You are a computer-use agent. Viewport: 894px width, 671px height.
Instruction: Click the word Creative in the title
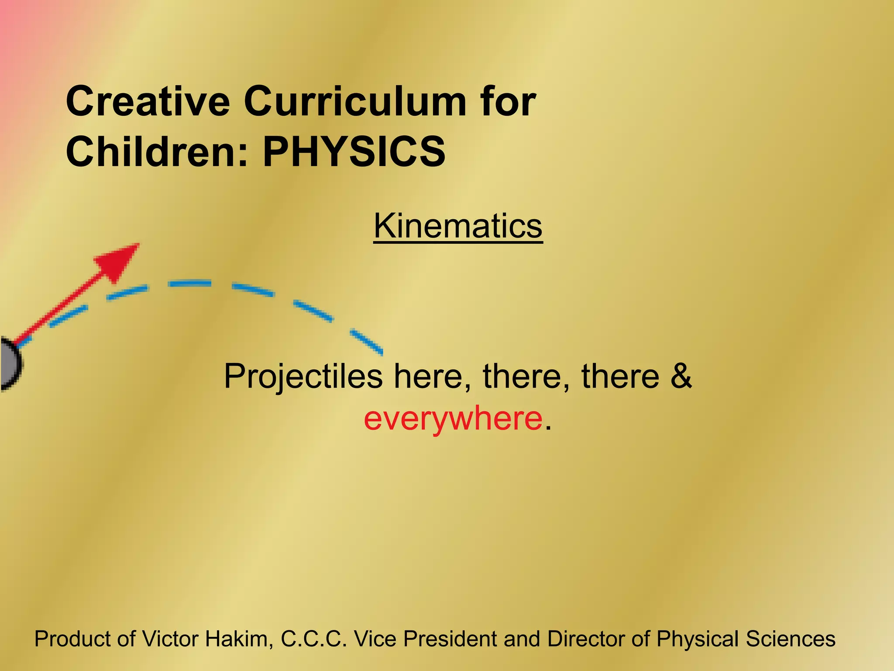click(148, 101)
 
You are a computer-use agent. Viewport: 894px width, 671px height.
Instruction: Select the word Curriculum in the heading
click(355, 101)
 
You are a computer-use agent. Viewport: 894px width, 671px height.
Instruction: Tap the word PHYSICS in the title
click(354, 152)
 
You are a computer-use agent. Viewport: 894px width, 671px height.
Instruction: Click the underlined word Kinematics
click(458, 226)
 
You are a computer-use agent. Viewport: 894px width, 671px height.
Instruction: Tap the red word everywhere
click(453, 418)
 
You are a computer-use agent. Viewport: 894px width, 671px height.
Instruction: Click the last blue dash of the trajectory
click(367, 342)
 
